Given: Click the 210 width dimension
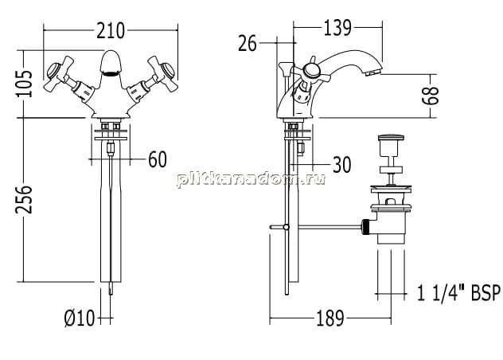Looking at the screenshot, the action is click(x=111, y=31).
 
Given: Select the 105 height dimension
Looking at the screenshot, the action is click(x=25, y=84).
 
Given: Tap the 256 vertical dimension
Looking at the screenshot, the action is click(x=25, y=199).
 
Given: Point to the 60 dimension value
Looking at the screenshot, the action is click(x=158, y=159).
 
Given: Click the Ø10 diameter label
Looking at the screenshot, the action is click(x=80, y=319).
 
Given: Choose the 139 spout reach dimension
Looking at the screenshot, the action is click(x=337, y=28).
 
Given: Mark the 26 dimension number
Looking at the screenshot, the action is click(x=248, y=43).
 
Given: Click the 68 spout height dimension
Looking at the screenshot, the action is click(x=431, y=96).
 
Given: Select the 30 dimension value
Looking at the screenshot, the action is click(x=342, y=164).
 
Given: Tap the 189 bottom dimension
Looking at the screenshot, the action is click(x=330, y=319).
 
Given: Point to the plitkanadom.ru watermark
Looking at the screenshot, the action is click(x=251, y=178).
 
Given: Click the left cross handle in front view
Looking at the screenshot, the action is click(x=59, y=73).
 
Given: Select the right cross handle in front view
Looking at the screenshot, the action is click(x=161, y=73).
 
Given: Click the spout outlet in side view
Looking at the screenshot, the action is click(x=373, y=72).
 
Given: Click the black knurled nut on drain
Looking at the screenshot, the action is click(x=365, y=227).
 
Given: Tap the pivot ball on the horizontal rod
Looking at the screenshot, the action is click(x=287, y=227).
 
